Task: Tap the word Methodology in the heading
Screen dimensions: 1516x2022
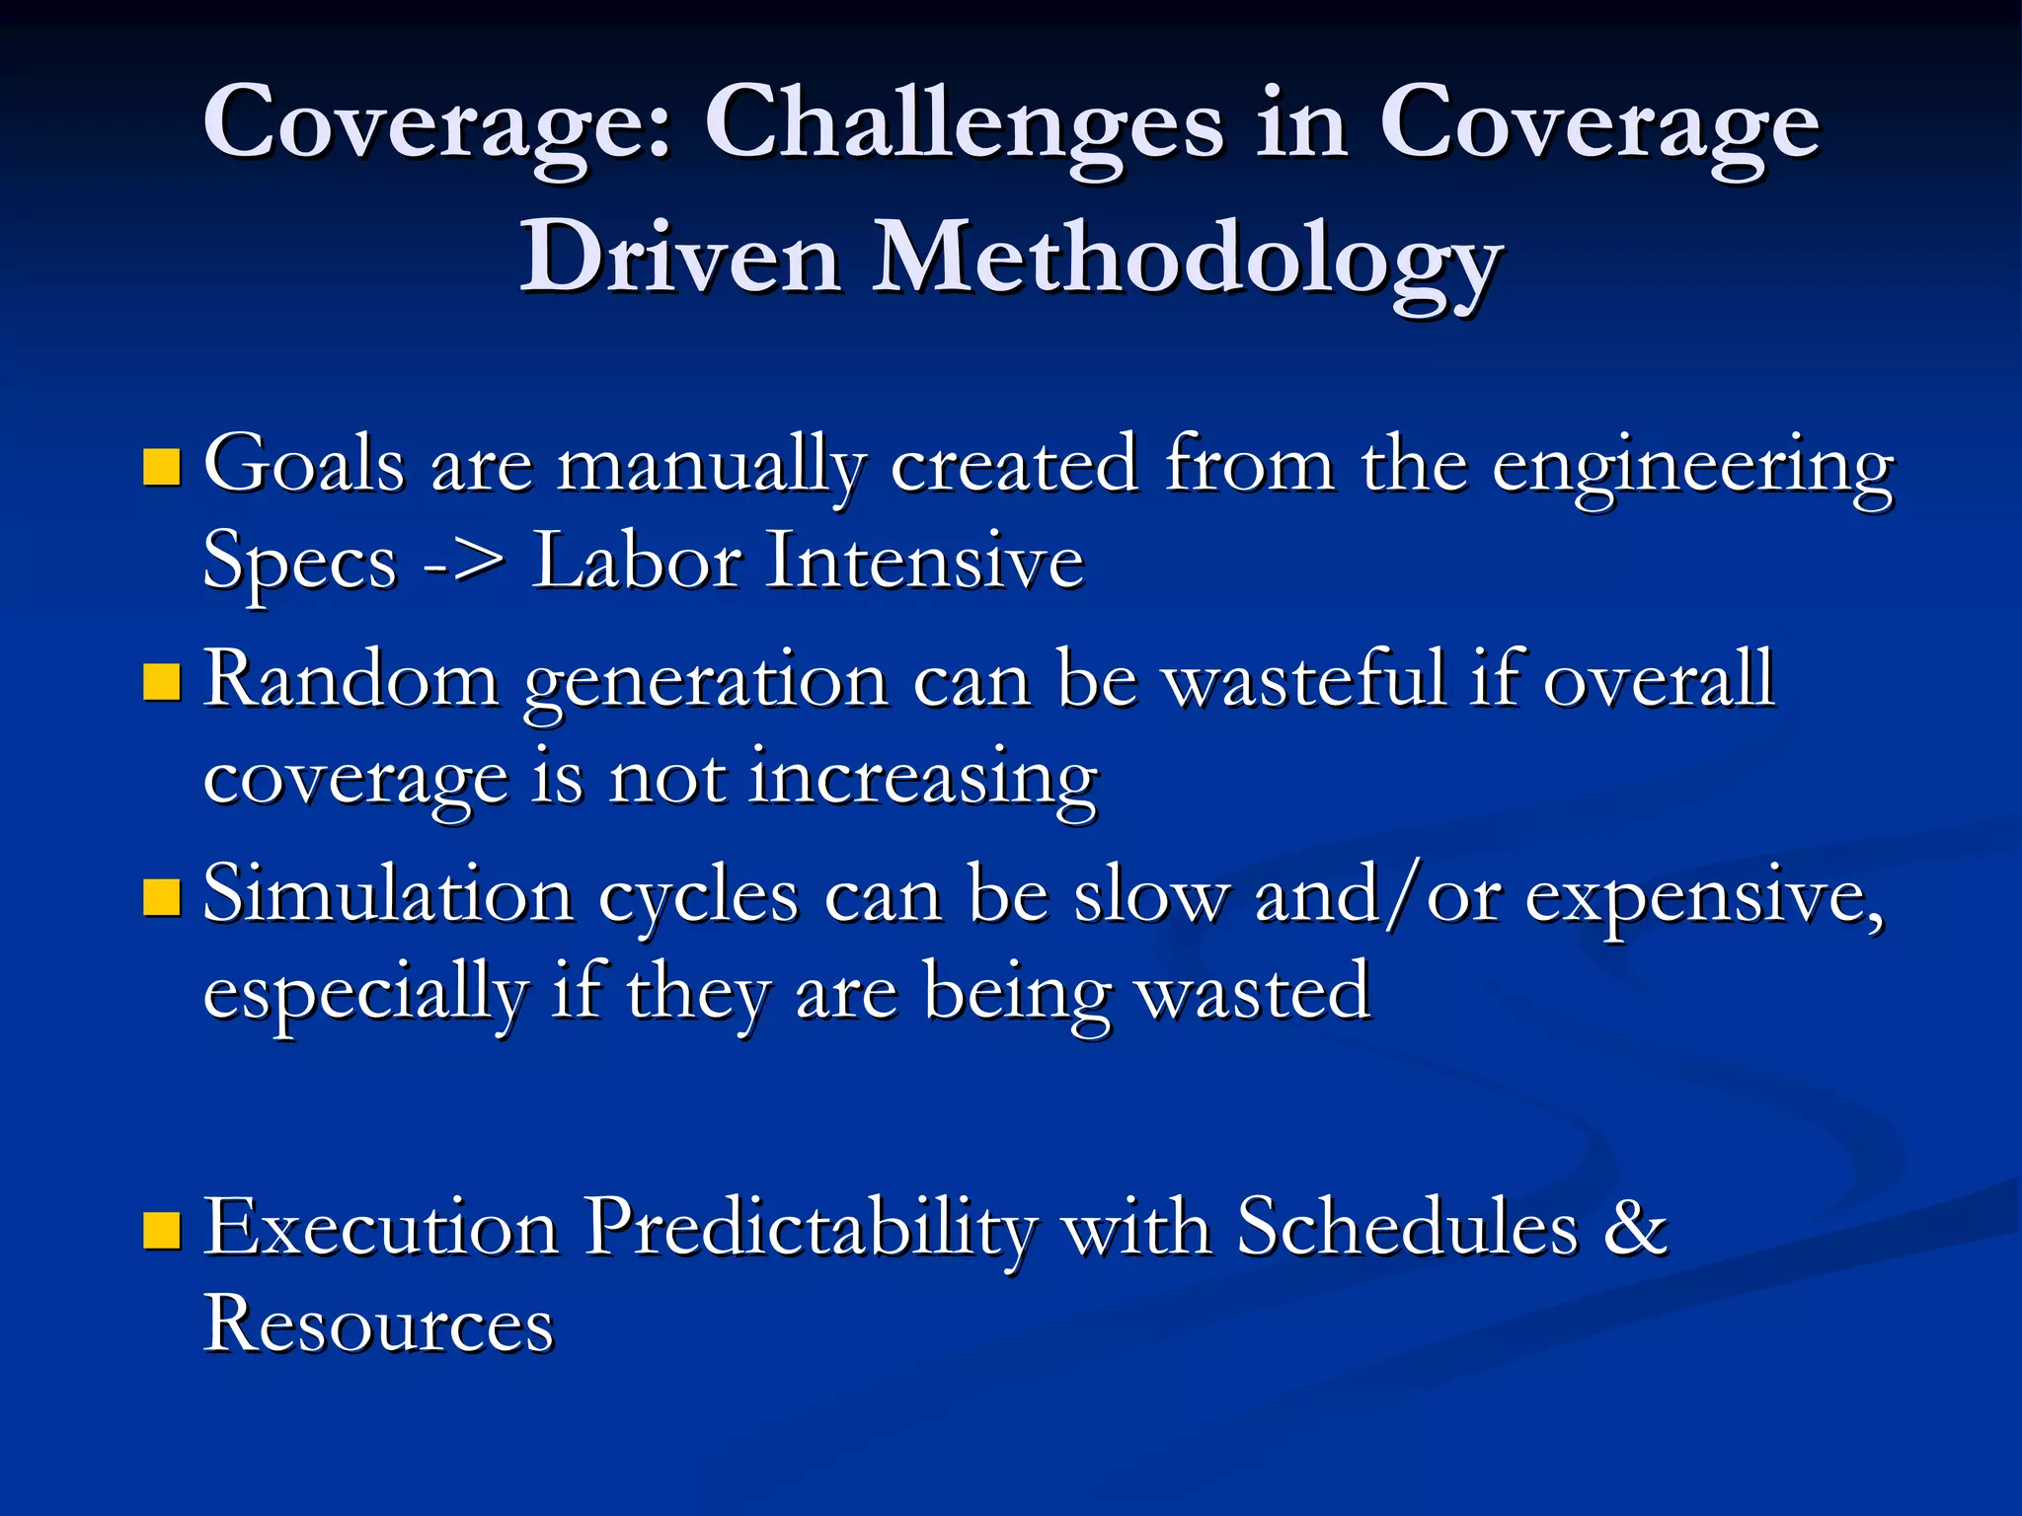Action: click(1186, 259)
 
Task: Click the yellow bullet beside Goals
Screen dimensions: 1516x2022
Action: click(162, 468)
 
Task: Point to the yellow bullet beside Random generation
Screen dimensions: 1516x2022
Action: click(162, 682)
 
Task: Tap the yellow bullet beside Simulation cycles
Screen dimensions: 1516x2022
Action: click(162, 897)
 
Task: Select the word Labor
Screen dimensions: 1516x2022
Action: click(636, 561)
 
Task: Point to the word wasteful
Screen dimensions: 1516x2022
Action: click(1305, 679)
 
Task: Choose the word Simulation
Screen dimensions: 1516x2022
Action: click(388, 895)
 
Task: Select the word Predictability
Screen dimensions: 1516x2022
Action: click(810, 1228)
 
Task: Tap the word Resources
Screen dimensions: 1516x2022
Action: click(378, 1323)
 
